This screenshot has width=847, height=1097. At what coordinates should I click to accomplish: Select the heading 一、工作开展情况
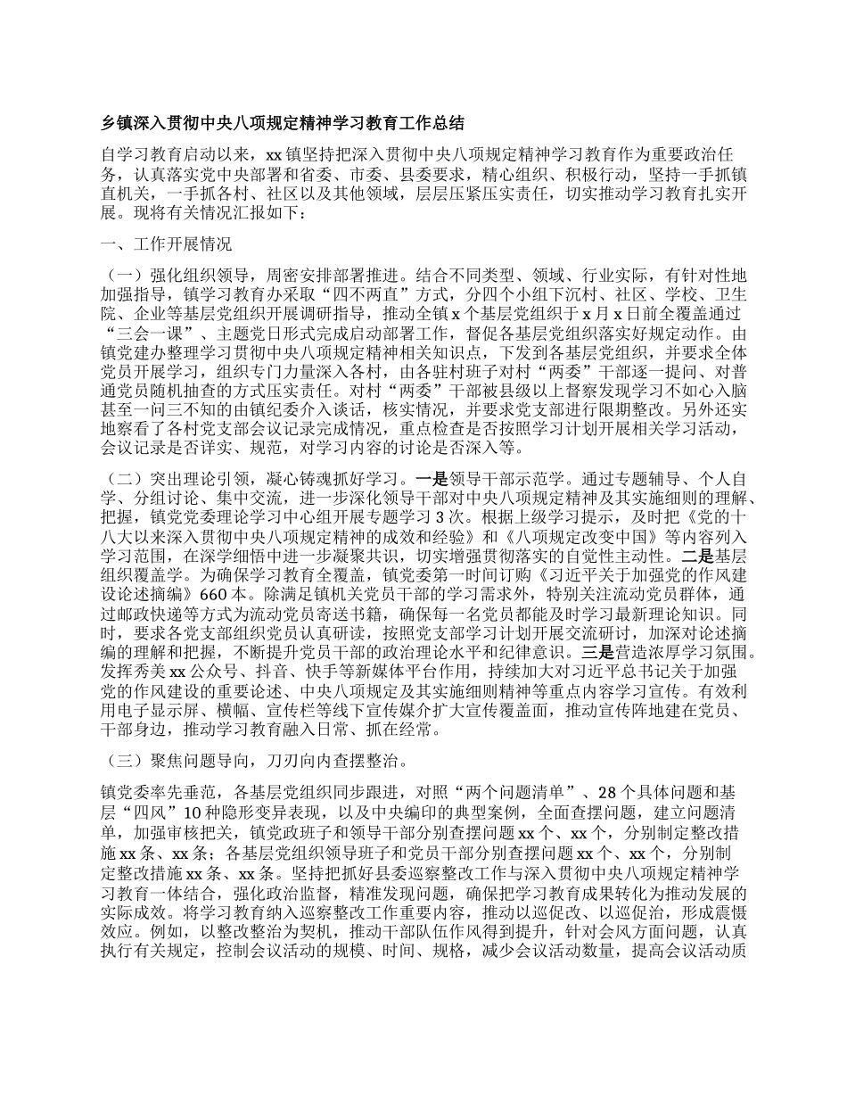(x=156, y=243)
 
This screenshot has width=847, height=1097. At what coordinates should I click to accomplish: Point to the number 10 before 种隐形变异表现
(x=221, y=812)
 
